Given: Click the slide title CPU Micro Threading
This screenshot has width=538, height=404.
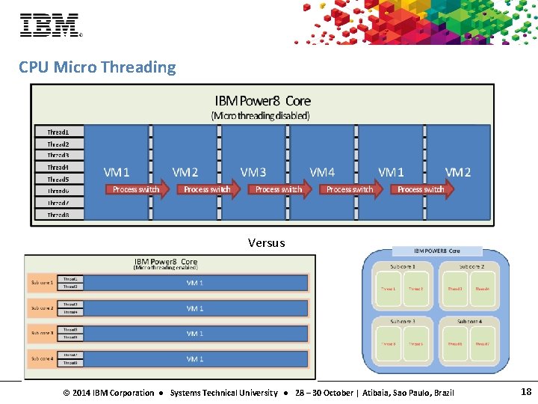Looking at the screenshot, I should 97,67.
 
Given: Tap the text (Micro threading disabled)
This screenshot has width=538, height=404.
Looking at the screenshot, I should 261,115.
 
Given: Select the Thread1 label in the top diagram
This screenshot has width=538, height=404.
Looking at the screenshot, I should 58,132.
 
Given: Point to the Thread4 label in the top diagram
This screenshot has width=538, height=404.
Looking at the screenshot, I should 58,168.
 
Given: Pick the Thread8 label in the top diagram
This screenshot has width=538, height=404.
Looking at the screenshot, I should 58,215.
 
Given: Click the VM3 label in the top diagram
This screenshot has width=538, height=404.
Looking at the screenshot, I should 253,172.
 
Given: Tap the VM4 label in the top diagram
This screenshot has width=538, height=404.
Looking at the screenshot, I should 322,172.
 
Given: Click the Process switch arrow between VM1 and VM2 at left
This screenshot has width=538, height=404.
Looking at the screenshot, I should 137,189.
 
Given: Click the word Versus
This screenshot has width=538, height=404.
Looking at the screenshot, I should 267,242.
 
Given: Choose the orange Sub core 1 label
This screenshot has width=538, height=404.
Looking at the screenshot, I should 42,283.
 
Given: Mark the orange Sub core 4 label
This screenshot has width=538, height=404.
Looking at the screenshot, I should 42,358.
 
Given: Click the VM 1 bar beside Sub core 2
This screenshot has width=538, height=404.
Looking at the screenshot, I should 195,308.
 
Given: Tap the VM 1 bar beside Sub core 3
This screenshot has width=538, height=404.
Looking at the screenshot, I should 195,334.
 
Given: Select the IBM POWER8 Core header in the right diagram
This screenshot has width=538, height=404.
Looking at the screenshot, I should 437,251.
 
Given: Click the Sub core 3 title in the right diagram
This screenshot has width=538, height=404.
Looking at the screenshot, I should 403,321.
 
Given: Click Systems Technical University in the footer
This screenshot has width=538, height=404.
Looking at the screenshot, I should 223,393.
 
